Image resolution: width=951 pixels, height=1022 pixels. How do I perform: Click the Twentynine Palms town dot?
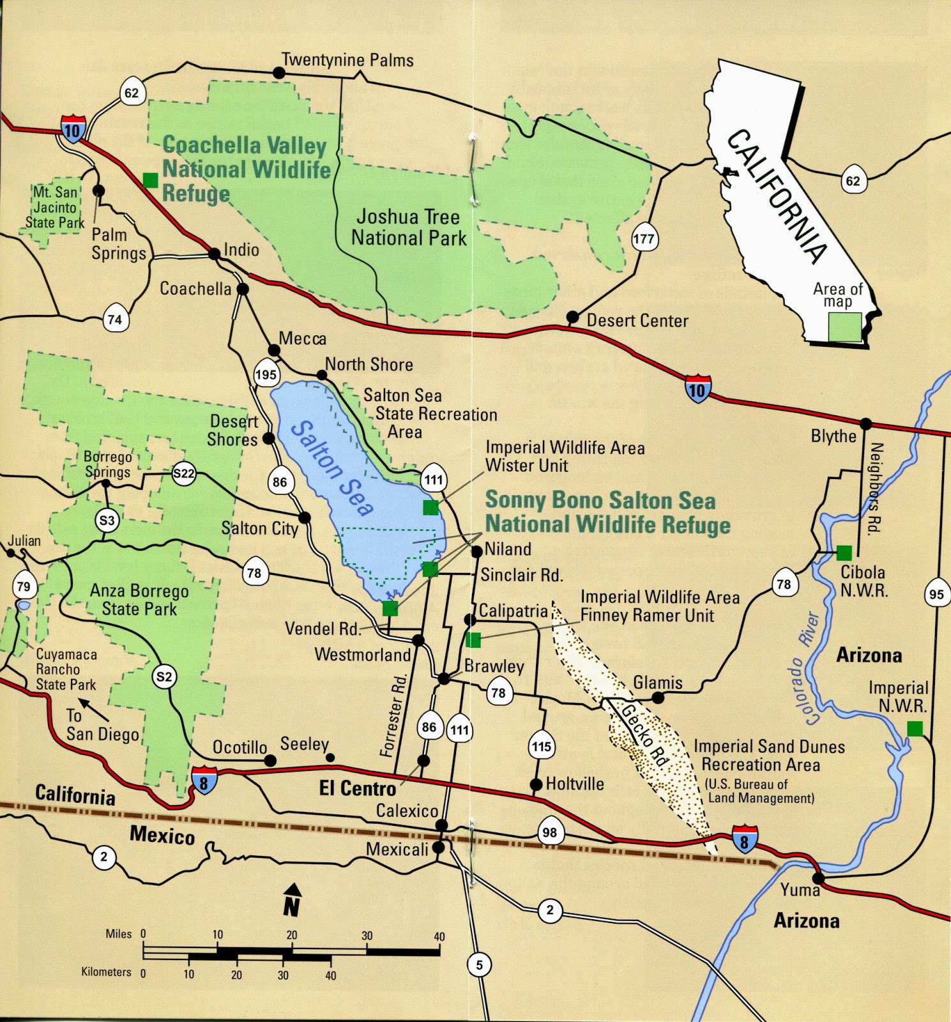[x=279, y=73]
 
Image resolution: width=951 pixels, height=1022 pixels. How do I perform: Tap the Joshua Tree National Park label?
[x=409, y=227]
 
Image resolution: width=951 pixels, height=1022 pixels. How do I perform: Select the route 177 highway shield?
[x=644, y=239]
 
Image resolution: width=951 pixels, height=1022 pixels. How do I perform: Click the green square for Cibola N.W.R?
[x=844, y=552]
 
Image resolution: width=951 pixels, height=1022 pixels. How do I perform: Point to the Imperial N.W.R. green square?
[x=915, y=728]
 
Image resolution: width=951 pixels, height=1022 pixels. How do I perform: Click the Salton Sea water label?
[x=332, y=468]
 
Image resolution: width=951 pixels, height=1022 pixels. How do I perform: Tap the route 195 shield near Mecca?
[x=266, y=375]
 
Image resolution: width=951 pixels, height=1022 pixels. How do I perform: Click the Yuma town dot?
[x=818, y=879]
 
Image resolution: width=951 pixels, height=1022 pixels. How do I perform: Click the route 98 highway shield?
[x=549, y=832]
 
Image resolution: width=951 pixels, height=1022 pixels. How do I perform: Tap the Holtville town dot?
[x=536, y=784]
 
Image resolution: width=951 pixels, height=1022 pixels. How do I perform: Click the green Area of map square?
[x=845, y=326]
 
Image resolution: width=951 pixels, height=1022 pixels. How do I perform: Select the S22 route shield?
[x=184, y=473]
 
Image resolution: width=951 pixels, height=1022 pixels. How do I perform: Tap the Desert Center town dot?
[x=573, y=317]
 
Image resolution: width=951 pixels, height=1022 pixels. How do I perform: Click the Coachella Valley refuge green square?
[x=150, y=180]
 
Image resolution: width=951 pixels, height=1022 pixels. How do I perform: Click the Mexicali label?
[x=397, y=850]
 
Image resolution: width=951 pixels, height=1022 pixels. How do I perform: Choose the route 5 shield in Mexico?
[x=480, y=965]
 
